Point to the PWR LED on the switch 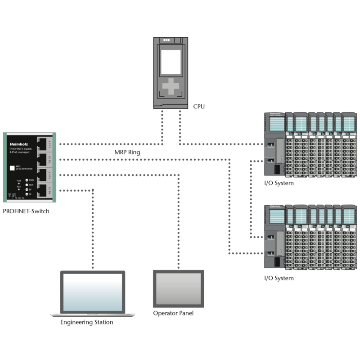27,180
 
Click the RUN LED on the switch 27,184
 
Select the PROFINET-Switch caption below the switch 27,211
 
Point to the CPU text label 198,106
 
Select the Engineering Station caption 86,322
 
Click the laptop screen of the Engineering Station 93,292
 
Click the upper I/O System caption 279,183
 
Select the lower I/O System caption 279,278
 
